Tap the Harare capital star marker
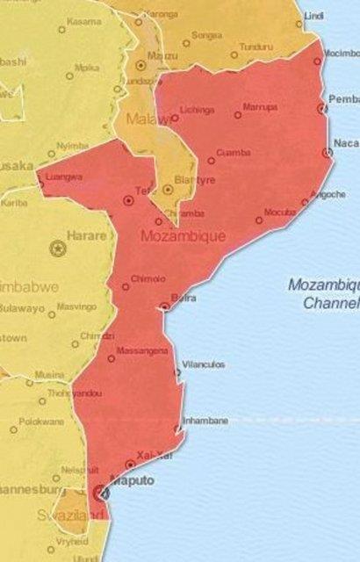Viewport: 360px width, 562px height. [x=60, y=248]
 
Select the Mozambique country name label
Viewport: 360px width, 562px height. [x=183, y=237]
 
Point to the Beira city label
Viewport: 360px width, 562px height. [x=184, y=299]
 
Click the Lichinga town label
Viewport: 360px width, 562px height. [x=197, y=110]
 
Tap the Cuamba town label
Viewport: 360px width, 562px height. [x=233, y=153]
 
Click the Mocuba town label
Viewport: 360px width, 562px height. [x=279, y=213]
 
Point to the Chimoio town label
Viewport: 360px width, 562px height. [x=147, y=279]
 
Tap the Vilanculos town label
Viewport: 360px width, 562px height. [x=203, y=364]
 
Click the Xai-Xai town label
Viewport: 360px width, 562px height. [x=152, y=454]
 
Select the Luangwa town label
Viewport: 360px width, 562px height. [x=63, y=177]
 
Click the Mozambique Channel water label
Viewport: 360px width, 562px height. [x=324, y=294]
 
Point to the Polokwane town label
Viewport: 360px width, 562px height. [x=42, y=421]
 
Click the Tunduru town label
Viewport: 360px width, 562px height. [x=256, y=46]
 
